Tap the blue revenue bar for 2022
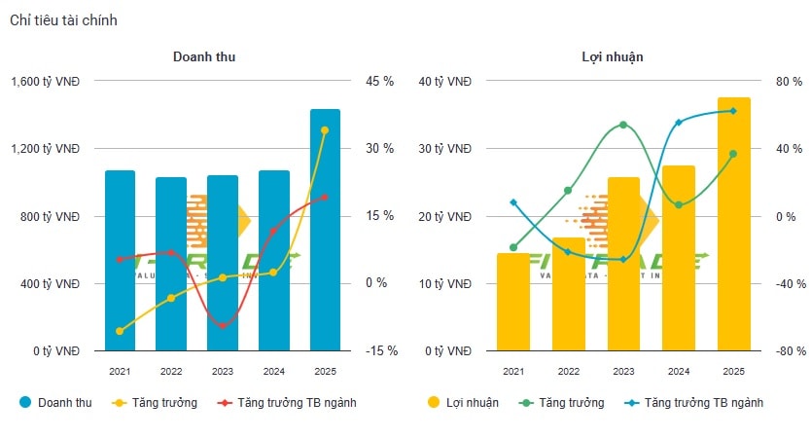point(171,264)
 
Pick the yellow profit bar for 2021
point(512,302)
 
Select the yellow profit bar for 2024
point(679,258)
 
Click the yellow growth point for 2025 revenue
point(325,129)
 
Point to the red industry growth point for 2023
point(223,325)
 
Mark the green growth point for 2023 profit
point(623,125)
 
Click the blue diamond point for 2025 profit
point(733,111)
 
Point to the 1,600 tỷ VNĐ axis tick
point(46,82)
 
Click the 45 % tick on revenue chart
point(379,82)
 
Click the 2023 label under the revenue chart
point(223,371)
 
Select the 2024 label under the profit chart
point(679,371)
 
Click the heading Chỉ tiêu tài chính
point(63,20)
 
